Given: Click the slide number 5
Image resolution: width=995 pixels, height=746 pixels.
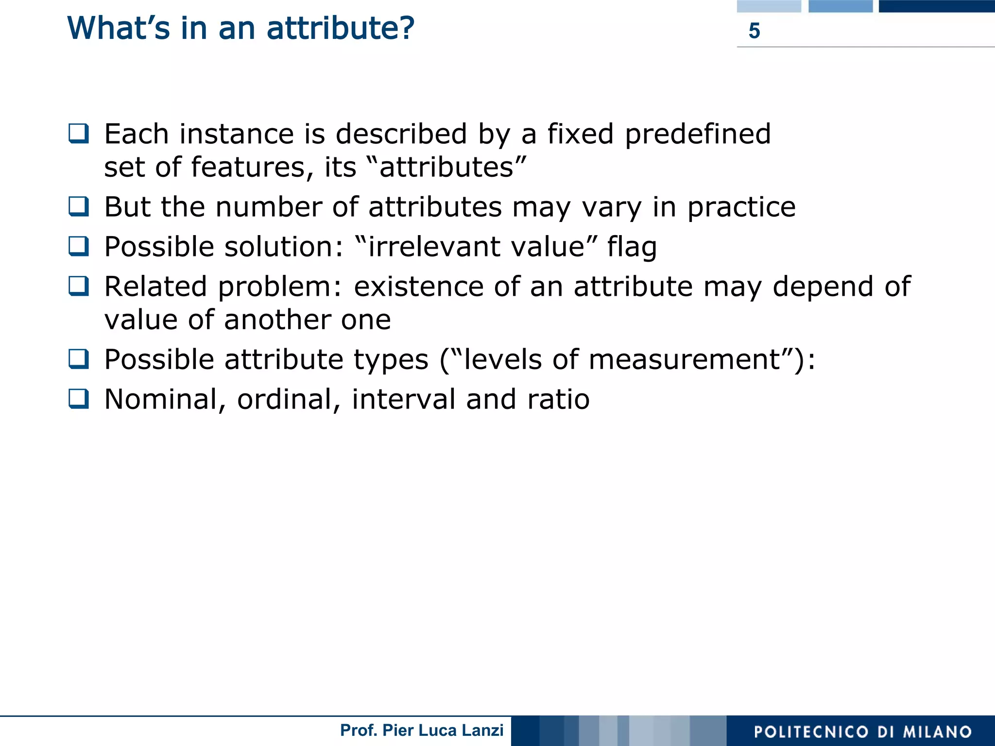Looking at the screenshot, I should pos(754,31).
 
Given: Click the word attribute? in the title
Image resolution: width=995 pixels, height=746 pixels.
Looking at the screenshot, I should pos(341,28).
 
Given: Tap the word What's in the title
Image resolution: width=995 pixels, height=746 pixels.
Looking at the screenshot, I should pos(119,28).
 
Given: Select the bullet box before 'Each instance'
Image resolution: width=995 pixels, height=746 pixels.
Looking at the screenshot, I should pos(79,134).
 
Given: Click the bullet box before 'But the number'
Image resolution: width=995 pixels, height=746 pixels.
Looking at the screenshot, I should pos(79,206).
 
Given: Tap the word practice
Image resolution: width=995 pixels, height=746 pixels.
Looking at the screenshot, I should pos(741,208).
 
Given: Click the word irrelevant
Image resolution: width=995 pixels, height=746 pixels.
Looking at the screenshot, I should pos(428,247).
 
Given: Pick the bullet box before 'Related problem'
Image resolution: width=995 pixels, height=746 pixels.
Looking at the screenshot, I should pos(79,286).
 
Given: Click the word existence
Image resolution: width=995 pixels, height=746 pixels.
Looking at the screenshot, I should pos(418,287).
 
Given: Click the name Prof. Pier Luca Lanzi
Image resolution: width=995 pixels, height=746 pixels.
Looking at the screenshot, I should pos(422,730).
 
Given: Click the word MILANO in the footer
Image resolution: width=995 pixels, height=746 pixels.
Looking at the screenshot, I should pos(937,732).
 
